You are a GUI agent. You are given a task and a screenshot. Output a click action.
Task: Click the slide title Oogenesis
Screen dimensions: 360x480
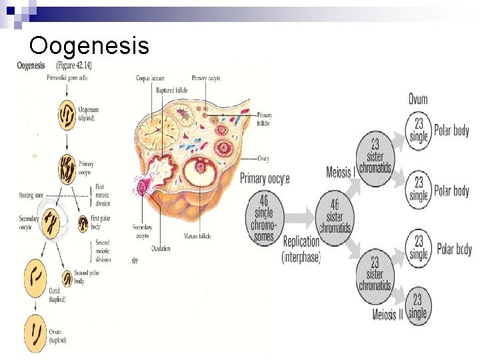tap(89, 46)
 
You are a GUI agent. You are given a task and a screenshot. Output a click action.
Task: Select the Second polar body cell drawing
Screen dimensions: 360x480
tap(67, 278)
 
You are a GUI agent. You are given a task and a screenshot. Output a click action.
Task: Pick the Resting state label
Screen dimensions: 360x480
tap(31, 195)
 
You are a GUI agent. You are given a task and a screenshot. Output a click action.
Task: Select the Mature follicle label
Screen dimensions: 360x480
tap(199, 236)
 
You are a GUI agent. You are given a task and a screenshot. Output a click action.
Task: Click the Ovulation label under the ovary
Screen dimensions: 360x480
tap(161, 249)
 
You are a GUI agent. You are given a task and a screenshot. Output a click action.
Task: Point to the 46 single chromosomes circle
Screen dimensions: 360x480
tap(264, 217)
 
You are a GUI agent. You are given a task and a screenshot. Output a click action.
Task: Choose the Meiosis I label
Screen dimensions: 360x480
tap(339, 173)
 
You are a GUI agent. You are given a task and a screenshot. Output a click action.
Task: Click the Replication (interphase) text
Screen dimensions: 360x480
tap(302, 249)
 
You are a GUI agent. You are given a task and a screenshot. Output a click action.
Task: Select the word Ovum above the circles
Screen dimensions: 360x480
tap(418, 99)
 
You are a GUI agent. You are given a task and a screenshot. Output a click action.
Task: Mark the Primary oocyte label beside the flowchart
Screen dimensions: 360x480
tap(265, 179)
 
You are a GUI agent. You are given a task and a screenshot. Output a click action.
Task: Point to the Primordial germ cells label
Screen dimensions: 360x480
tap(67, 77)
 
